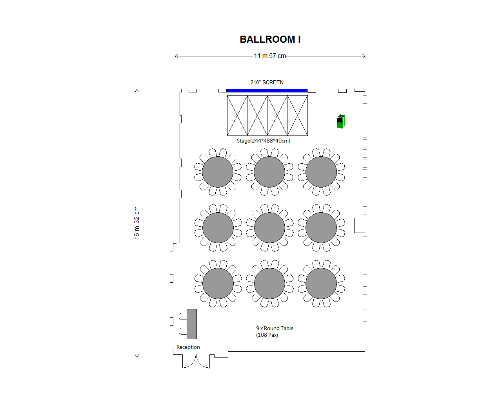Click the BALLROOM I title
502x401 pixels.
tap(270, 40)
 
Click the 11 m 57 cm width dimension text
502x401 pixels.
tap(270, 56)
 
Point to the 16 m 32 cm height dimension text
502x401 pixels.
tap(137, 223)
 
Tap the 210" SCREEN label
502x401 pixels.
tap(267, 82)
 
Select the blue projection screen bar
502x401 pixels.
tap(267, 90)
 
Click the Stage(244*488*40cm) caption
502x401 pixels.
tap(264, 141)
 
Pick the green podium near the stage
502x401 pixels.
tap(341, 121)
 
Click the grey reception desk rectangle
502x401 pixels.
tap(192, 324)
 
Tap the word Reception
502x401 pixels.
tap(188, 347)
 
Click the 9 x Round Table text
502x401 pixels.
tap(275, 328)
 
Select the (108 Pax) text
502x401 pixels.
tap(267, 335)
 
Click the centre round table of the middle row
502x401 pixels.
tap(269, 228)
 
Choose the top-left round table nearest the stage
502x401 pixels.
tap(218, 172)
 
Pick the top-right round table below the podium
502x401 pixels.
tap(321, 172)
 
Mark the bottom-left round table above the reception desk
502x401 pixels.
tap(218, 284)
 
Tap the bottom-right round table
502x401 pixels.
tap(321, 284)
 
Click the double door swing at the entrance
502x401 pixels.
tap(196, 361)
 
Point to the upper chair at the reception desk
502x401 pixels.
tap(183, 316)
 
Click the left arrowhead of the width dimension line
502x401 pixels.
tap(176, 56)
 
